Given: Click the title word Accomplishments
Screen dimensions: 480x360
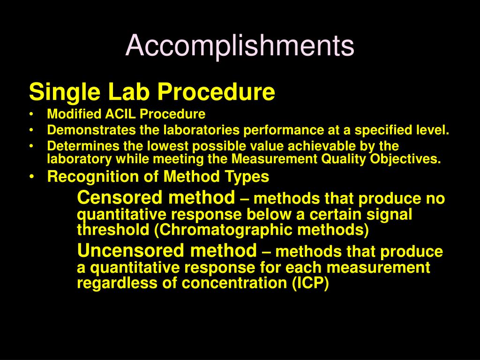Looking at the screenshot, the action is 240,45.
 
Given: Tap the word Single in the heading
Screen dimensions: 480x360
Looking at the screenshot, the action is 64,92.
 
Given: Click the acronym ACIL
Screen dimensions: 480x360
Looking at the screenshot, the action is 120,114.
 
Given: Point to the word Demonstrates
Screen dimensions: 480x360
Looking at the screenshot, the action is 91,130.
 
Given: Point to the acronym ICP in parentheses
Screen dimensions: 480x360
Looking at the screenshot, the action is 310,283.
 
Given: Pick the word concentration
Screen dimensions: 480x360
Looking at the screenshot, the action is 234,283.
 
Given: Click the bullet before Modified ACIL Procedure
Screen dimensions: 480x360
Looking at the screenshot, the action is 31,114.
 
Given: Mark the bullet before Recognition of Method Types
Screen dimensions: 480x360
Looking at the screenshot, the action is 31,177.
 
